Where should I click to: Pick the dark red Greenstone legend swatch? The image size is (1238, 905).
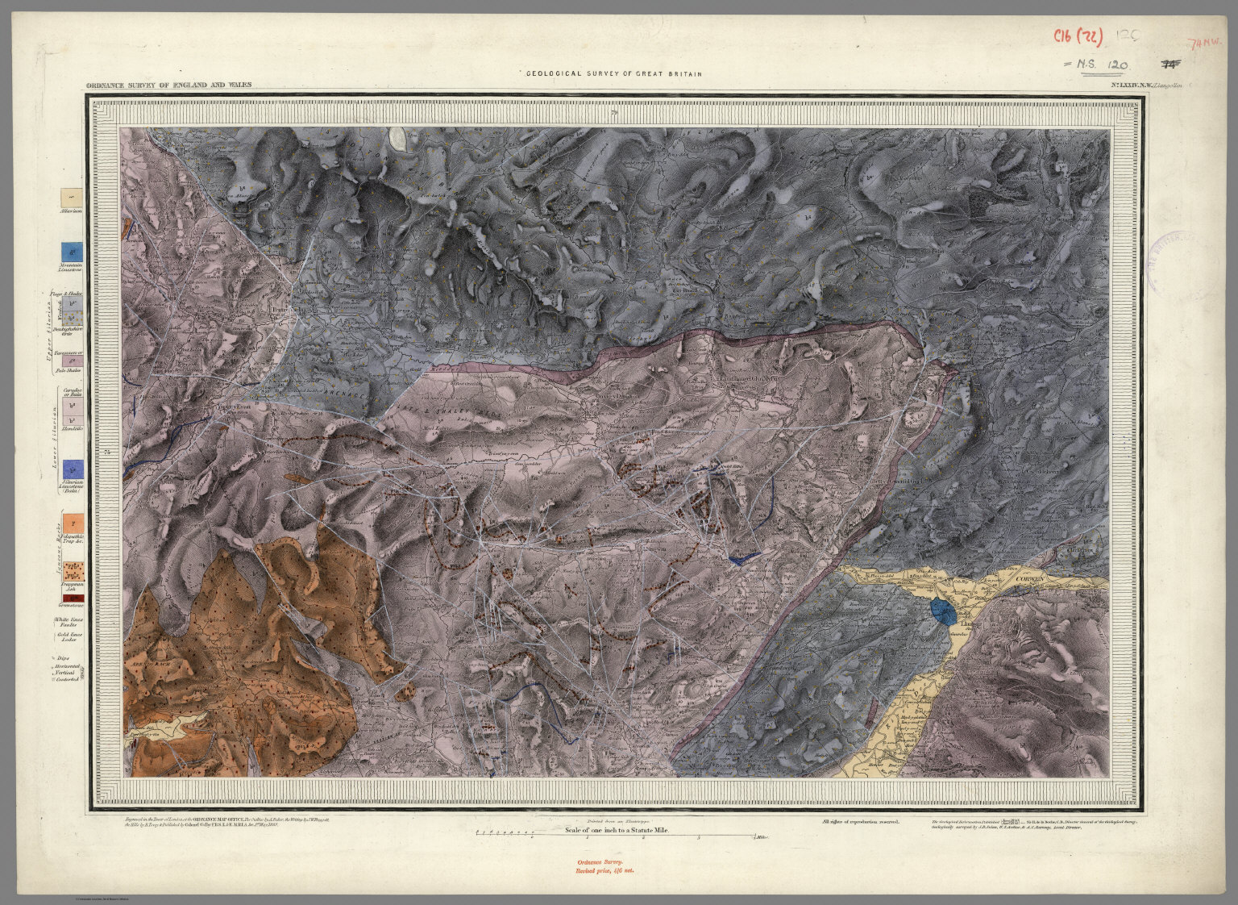point(73,598)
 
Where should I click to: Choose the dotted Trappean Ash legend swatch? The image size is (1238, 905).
point(73,572)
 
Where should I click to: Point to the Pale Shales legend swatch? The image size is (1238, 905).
point(73,362)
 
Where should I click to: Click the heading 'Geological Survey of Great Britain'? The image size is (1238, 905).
point(612,73)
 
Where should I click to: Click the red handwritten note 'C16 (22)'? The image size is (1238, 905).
point(1079,36)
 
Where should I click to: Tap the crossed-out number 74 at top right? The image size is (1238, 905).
point(1169,64)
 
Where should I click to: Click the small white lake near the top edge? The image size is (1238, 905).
point(397,139)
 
